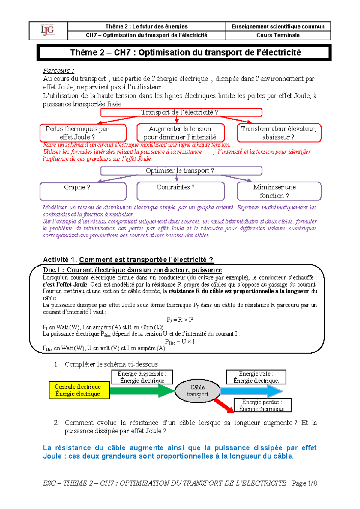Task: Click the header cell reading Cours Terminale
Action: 278,35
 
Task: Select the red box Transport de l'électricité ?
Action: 181,112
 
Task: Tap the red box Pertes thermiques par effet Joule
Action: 83,133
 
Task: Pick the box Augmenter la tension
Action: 181,133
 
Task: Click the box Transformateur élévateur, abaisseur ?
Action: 279,133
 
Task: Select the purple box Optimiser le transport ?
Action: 181,171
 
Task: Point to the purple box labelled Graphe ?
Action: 83,191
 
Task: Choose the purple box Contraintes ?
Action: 181,191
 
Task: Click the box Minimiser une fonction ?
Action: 279,191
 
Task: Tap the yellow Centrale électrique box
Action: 79,390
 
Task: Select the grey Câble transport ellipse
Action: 197,391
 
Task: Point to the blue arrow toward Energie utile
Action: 250,391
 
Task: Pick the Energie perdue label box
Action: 262,405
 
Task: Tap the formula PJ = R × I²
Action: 180,320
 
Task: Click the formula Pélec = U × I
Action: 180,342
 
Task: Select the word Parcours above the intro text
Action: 58,71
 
